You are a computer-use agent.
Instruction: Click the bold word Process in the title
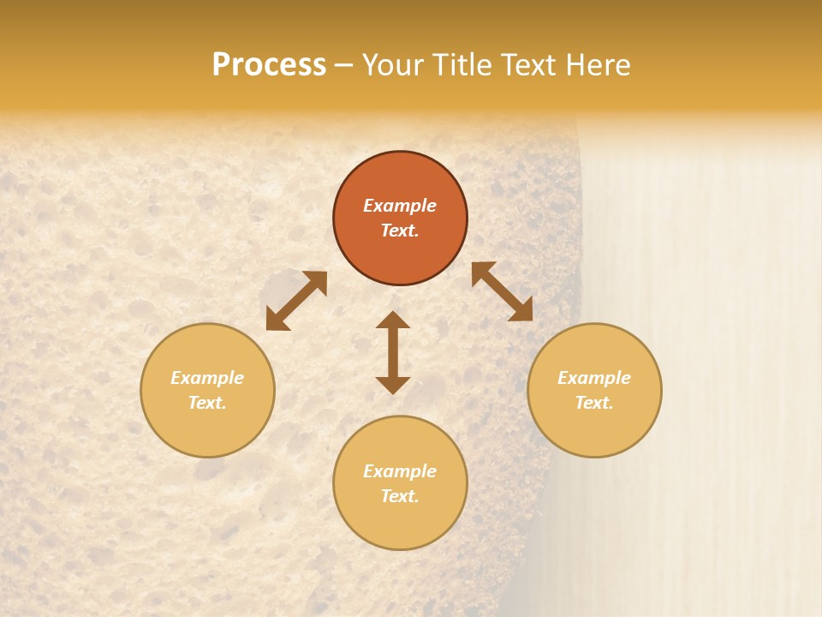point(269,65)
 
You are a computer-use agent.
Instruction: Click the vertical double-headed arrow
point(393,352)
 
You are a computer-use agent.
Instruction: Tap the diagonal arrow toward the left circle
point(296,300)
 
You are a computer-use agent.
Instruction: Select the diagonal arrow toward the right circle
point(502,291)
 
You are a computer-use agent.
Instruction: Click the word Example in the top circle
point(400,206)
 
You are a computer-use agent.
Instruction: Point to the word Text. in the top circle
point(400,231)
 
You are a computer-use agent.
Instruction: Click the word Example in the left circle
point(207,378)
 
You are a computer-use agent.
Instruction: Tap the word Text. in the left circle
point(207,403)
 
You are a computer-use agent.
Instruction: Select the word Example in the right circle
point(594,378)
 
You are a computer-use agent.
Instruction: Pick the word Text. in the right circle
point(594,403)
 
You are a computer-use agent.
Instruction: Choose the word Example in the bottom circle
point(400,471)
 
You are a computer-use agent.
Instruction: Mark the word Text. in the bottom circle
point(400,496)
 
